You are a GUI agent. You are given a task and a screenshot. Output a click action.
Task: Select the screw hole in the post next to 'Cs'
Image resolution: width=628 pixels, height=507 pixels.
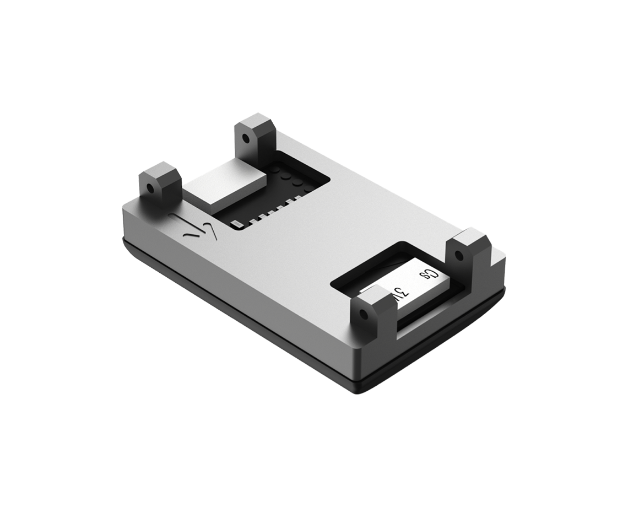(x=458, y=255)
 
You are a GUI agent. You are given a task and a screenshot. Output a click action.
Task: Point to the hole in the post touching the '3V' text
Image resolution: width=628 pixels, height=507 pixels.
(x=362, y=315)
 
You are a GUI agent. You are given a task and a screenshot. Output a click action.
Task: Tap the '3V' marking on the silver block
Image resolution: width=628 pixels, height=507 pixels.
(x=400, y=291)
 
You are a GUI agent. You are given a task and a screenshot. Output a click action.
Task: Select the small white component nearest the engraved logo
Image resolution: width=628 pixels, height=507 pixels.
(x=236, y=224)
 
